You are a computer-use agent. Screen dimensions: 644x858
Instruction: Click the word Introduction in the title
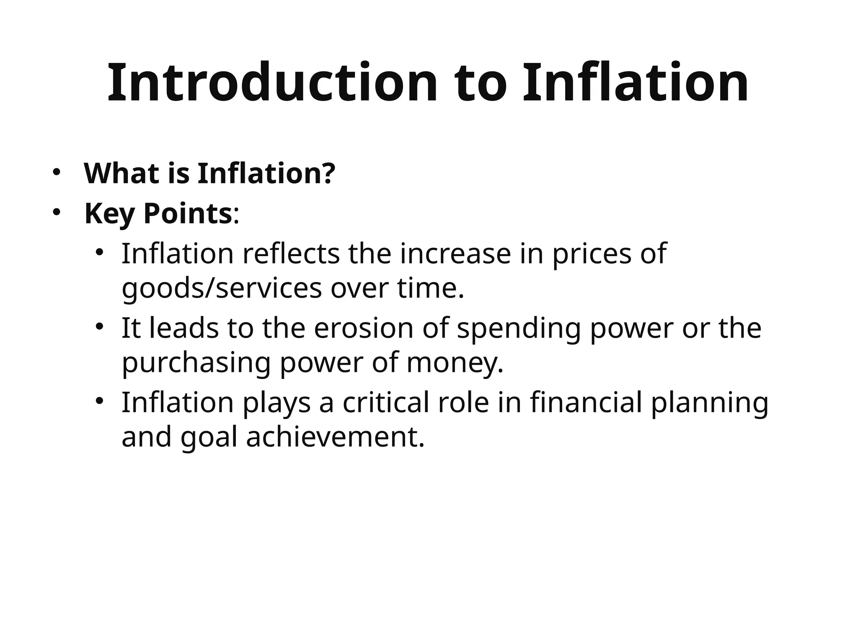click(x=272, y=83)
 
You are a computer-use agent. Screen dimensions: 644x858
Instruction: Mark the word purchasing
click(x=196, y=364)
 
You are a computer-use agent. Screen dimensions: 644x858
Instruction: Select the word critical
click(x=386, y=402)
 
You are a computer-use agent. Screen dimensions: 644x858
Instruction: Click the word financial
click(x=586, y=402)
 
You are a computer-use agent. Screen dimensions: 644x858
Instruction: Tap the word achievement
click(x=335, y=437)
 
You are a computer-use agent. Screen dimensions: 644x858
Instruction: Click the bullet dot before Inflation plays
click(x=99, y=401)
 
